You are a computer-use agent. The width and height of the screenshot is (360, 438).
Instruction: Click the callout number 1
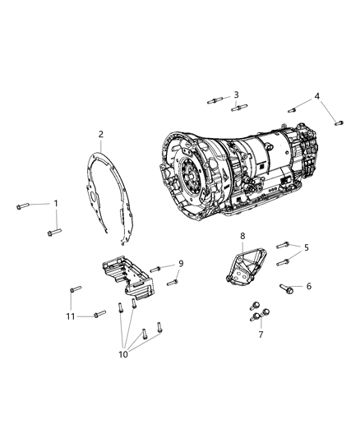pos(56,202)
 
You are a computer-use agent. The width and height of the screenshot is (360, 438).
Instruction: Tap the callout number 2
pos(101,133)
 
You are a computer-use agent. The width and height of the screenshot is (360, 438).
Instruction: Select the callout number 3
pos(236,95)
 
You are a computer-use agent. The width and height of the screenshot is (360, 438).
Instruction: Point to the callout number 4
pos(317,97)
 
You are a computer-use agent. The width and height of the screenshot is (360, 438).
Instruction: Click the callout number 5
pos(307,247)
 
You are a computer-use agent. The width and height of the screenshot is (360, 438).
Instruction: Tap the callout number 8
pos(242,237)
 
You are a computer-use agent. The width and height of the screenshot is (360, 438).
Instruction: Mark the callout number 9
pos(180,264)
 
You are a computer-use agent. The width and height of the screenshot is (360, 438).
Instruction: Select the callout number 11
pos(71,316)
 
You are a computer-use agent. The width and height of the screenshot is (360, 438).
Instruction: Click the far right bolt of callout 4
pos(338,122)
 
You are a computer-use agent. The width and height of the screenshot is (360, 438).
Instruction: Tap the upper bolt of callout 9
pos(156,270)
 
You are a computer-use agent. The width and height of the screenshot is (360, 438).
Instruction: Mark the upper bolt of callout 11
pos(75,290)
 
